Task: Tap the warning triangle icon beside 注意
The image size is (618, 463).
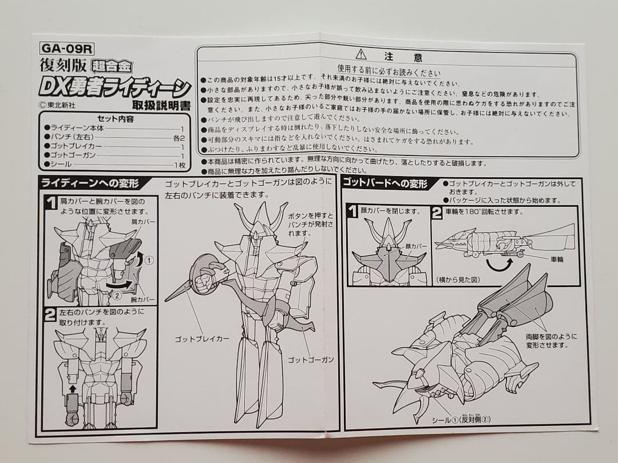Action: tap(360, 55)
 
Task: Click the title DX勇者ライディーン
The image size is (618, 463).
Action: tap(114, 88)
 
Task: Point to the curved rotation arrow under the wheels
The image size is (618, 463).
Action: tap(498, 265)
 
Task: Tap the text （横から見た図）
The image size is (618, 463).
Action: tap(458, 279)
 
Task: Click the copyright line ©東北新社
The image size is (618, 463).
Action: tap(62, 105)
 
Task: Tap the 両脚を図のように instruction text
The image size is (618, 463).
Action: tap(551, 337)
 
